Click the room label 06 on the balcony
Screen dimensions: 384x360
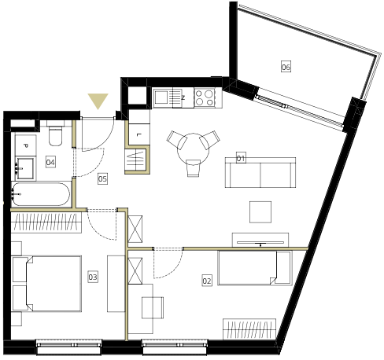click(286, 67)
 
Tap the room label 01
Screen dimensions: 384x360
click(241, 158)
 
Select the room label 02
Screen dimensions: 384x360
click(207, 281)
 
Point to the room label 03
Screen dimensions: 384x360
click(93, 277)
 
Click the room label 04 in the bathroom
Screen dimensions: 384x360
click(50, 162)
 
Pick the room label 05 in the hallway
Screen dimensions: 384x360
click(102, 178)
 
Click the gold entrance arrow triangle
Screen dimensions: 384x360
click(98, 101)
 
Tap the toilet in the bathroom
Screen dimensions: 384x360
click(55, 134)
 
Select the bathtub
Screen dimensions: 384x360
click(41, 194)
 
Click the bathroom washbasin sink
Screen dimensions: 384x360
click(25, 167)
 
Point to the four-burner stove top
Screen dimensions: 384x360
click(205, 97)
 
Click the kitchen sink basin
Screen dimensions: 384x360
click(162, 97)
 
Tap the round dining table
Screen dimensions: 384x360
click(193, 149)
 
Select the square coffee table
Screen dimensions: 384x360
click(260, 212)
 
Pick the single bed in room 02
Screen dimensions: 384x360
click(255, 267)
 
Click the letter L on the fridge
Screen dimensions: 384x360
click(139, 135)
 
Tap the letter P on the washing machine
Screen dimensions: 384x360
click(26, 145)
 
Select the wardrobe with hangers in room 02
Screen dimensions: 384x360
click(249, 329)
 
